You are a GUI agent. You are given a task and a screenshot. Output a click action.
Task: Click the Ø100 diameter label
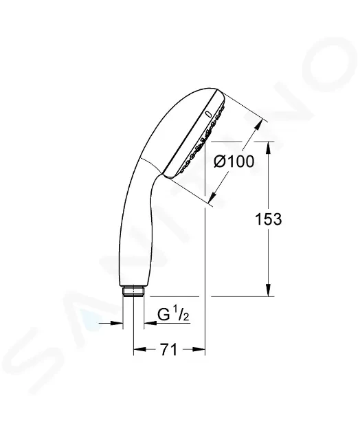234,162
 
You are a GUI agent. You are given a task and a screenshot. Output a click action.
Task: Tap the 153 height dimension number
268,219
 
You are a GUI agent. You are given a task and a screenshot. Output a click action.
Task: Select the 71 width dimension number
168,350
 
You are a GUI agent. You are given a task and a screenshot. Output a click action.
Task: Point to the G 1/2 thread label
173,315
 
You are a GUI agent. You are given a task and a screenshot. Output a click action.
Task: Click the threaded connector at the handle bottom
133,291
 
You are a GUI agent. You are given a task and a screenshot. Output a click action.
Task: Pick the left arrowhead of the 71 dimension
139,350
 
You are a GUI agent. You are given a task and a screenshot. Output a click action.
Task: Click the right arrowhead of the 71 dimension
199,350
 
